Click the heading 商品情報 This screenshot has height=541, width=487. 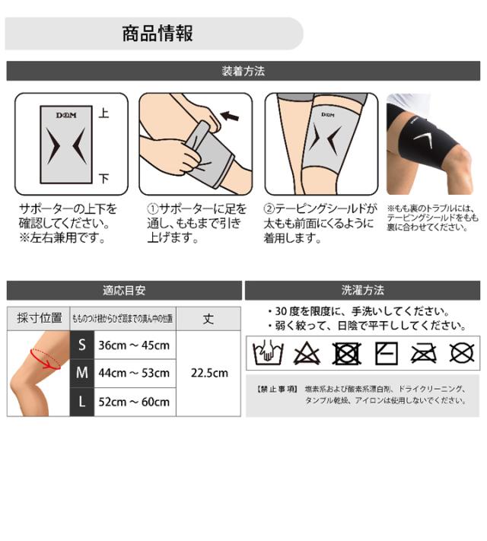[157, 33]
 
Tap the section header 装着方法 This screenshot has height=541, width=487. [243, 72]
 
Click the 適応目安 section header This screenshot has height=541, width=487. [123, 290]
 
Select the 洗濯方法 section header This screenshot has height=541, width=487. [363, 290]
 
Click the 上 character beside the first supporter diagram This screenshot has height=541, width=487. [104, 113]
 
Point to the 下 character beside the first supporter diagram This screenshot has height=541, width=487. [104, 179]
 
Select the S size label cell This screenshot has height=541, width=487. [81, 345]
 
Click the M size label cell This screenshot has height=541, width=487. [81, 373]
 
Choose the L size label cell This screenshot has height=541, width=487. [81, 401]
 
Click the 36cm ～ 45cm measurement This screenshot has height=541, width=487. [134, 345]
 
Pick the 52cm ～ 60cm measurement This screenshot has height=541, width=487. [134, 401]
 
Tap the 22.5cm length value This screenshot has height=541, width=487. [208, 373]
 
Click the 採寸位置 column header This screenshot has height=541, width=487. [39, 318]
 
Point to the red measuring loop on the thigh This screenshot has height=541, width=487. [45, 358]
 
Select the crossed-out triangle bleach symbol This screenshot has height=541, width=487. [306, 353]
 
